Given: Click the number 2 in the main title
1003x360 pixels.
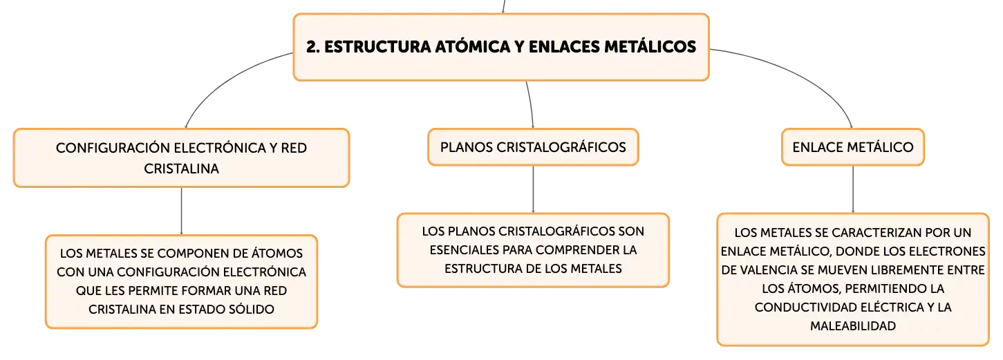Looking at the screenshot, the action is click(312, 47).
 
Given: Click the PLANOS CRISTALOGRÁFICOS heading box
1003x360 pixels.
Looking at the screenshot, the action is click(533, 147).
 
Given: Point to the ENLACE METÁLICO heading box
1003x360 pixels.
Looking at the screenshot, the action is click(852, 147).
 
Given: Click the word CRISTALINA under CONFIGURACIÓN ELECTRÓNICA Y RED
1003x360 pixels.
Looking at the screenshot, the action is click(181, 169).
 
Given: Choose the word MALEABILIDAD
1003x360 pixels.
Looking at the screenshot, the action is click(853, 326).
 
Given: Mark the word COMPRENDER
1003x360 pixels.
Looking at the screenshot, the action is click(575, 250).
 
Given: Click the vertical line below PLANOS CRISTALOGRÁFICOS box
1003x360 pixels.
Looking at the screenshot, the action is click(533, 189).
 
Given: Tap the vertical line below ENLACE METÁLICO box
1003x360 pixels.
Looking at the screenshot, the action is click(852, 189).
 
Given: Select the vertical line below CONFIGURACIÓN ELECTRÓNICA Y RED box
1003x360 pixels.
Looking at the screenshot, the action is click(181, 211).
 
